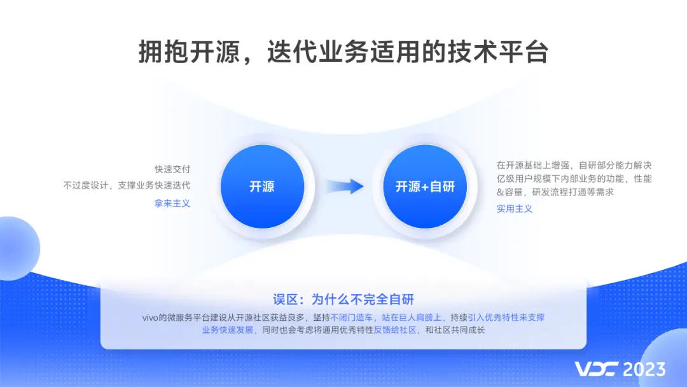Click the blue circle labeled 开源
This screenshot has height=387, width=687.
(x=261, y=186)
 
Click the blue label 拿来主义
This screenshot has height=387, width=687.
(x=172, y=203)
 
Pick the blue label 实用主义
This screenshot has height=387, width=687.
(x=515, y=208)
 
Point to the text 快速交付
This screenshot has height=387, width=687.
(x=172, y=169)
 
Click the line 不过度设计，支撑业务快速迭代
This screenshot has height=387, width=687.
(x=127, y=185)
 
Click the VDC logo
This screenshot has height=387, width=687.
(x=595, y=369)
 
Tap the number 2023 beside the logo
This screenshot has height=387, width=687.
(x=644, y=369)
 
